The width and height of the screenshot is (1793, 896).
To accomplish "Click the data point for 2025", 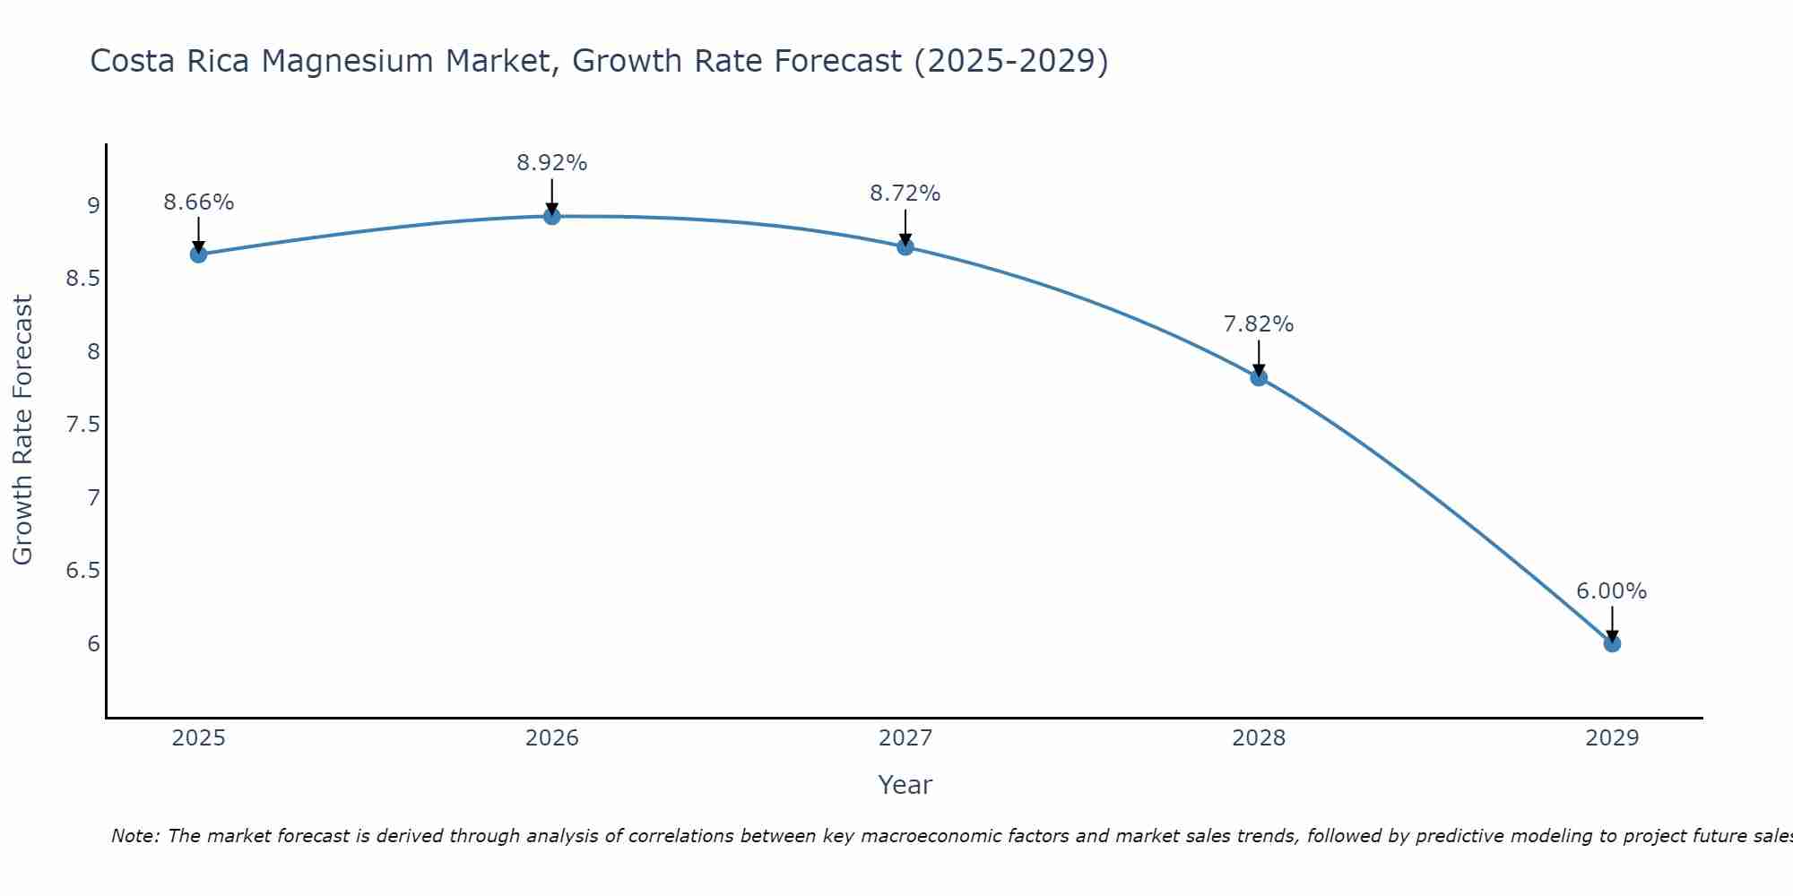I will [198, 254].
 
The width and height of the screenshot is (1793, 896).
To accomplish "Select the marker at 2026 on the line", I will [552, 216].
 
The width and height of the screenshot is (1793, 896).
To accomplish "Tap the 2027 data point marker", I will [905, 246].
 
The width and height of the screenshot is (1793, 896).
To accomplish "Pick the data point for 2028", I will [1259, 377].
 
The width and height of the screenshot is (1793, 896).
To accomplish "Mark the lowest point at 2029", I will [1612, 643].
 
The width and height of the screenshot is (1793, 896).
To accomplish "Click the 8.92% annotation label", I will [552, 163].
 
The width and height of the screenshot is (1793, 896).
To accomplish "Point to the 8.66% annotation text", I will [198, 202].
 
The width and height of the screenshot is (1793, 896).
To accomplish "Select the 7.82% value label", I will [1259, 324].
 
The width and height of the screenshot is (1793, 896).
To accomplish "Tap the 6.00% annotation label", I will [1612, 591].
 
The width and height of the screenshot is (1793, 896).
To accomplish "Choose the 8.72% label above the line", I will [905, 194].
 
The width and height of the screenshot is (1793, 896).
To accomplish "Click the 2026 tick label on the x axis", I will [552, 738].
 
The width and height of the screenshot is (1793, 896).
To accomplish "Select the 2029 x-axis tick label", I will [1612, 738].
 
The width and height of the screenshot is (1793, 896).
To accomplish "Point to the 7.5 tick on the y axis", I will [82, 425].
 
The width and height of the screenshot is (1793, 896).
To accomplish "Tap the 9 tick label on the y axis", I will [93, 206].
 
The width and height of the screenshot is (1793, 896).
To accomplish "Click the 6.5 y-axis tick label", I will [82, 571].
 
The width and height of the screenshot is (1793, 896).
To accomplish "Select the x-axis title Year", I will [905, 785].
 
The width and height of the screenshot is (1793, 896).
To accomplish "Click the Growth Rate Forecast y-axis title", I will [22, 430].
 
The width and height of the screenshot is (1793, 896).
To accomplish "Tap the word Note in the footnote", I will [134, 836].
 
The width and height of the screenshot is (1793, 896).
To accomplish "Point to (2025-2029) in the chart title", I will [1010, 61].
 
